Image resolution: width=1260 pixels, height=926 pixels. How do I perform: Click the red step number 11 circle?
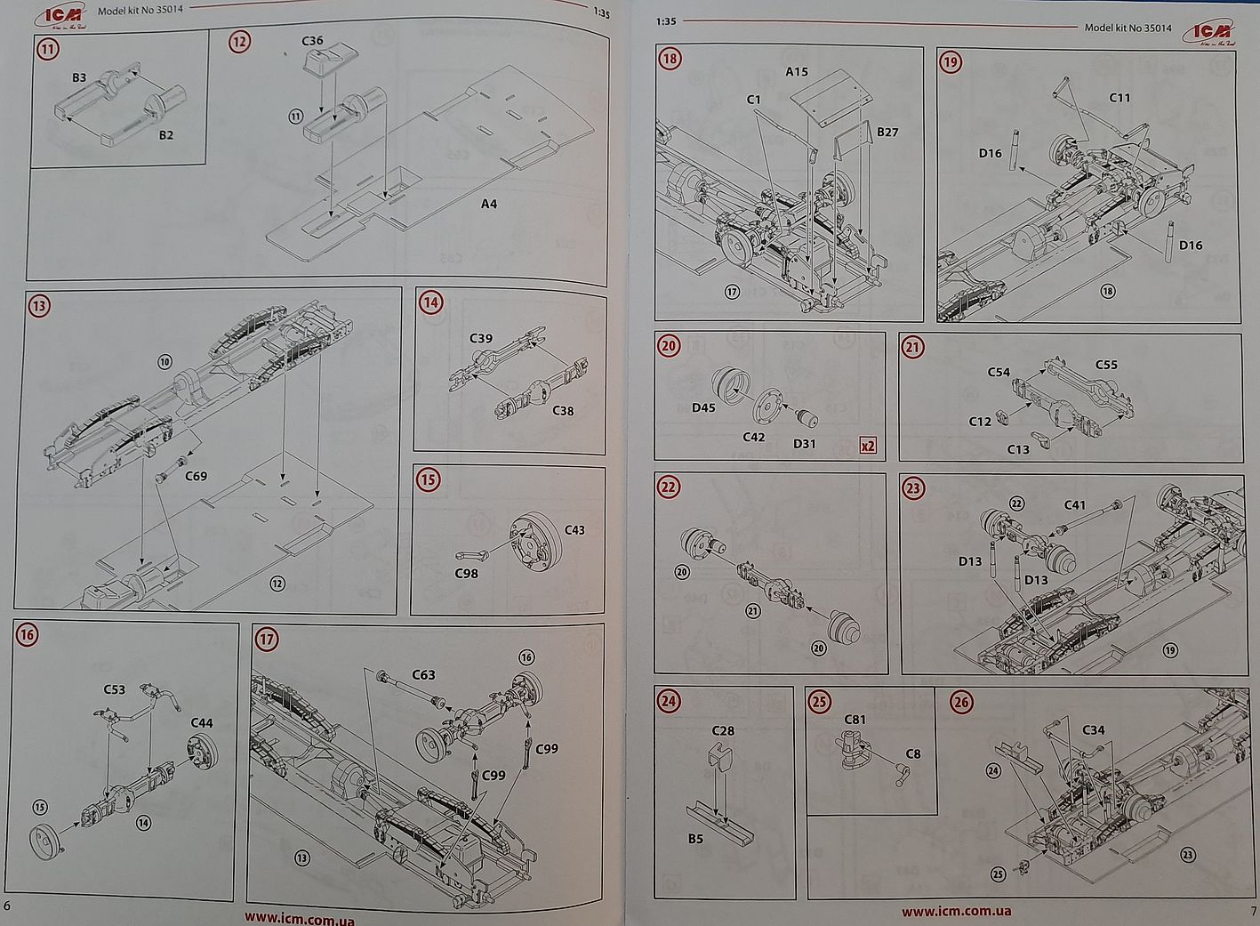(x=48, y=48)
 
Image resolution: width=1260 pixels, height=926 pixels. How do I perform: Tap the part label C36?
(x=312, y=41)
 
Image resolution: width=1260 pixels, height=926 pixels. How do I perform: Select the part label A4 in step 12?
(x=489, y=204)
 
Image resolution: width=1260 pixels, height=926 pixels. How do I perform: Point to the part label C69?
(x=197, y=476)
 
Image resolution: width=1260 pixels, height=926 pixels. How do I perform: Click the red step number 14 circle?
(x=431, y=302)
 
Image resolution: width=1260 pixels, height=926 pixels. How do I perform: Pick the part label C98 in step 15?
(x=467, y=573)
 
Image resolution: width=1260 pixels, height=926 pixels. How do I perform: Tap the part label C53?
(x=115, y=689)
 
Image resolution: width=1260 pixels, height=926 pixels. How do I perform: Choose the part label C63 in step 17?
(x=423, y=674)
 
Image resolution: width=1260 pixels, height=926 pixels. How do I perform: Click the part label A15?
(x=797, y=71)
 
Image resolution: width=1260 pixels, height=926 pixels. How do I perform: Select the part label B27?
(x=887, y=132)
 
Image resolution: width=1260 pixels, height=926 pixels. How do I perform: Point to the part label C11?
(x=1120, y=97)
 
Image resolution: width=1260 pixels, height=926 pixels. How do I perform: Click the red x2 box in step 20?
(x=868, y=446)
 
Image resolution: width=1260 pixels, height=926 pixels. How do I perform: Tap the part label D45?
(x=703, y=407)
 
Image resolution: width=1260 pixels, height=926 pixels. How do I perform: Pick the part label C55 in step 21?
(x=1106, y=365)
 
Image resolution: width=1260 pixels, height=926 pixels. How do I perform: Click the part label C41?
(x=1075, y=504)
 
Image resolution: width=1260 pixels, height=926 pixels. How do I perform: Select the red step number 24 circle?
(x=669, y=702)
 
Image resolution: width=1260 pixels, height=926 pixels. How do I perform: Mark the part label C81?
(x=855, y=719)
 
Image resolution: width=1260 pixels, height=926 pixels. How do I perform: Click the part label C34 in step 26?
(x=1094, y=729)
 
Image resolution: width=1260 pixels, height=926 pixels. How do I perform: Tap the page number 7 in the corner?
(x=1253, y=911)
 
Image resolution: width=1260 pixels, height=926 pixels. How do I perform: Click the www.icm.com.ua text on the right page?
(x=956, y=911)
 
